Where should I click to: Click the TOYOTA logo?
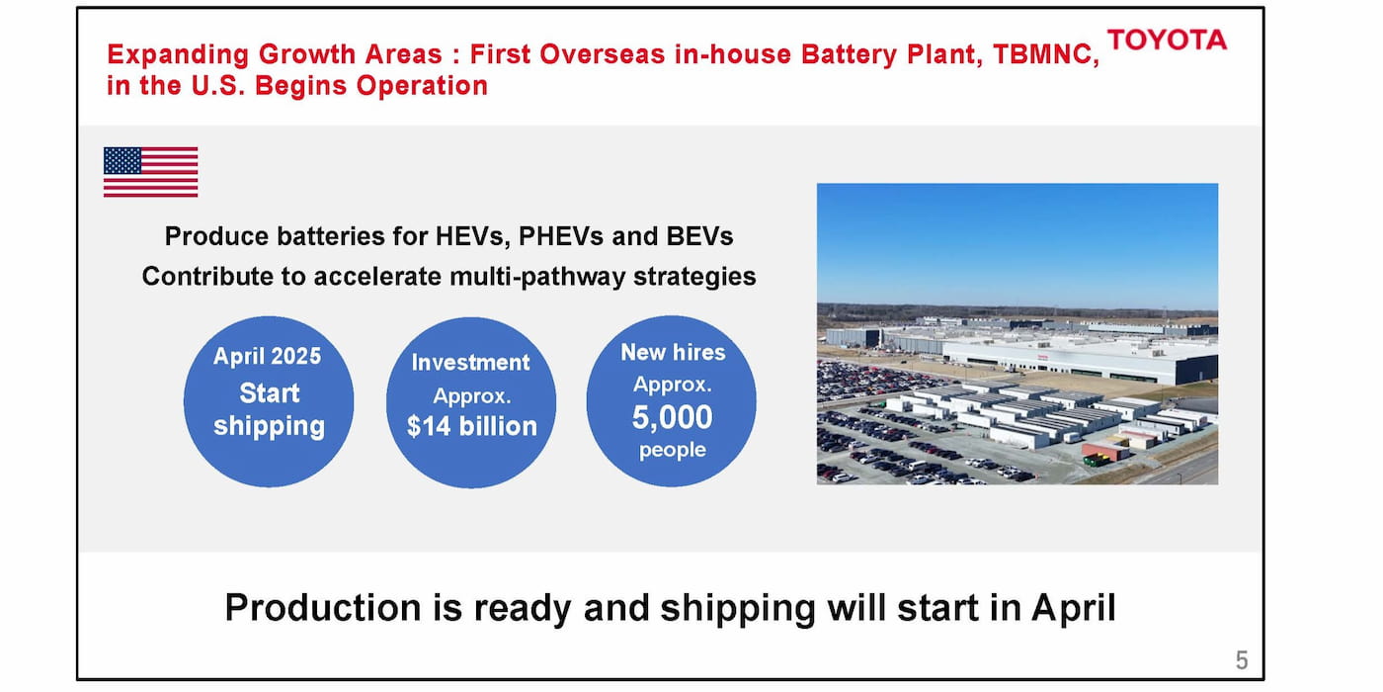(1167, 40)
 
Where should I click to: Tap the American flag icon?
(150, 172)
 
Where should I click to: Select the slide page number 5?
(1242, 660)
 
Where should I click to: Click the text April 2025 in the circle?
(268, 356)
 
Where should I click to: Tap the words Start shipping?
(269, 409)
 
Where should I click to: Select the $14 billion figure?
(471, 426)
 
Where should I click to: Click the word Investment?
(470, 362)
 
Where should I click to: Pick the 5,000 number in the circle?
(672, 417)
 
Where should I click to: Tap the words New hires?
(672, 352)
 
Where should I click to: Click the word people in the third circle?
(672, 451)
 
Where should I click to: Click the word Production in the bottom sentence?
(320, 607)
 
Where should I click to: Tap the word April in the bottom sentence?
(1074, 607)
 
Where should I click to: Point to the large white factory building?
(1077, 359)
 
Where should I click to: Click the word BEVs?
(697, 236)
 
